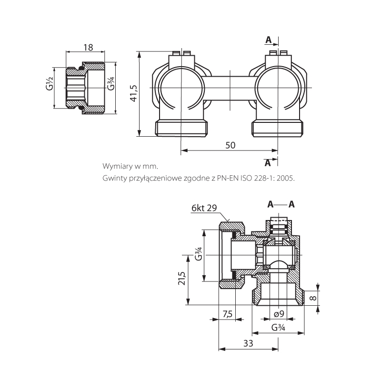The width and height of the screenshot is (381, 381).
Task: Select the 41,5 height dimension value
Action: (133, 93)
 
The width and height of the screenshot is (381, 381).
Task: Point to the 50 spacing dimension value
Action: (230, 146)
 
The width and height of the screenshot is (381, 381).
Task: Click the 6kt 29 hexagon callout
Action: (204, 208)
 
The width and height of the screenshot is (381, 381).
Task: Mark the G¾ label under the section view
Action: (278, 328)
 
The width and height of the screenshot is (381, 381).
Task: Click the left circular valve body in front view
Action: (181, 88)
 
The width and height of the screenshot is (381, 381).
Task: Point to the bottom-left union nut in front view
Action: (182, 128)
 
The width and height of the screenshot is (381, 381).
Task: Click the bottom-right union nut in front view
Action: (277, 128)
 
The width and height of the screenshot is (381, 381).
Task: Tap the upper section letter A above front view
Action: (269, 39)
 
